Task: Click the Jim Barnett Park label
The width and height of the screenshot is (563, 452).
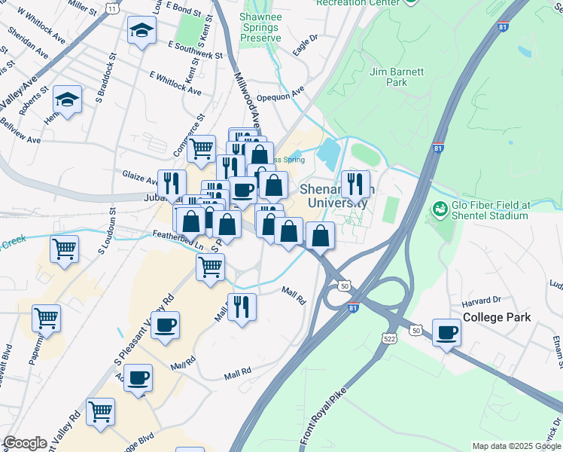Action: (x=397, y=77)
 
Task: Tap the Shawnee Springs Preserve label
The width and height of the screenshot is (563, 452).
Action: (x=260, y=27)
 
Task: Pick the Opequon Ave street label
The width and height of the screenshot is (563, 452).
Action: (x=279, y=91)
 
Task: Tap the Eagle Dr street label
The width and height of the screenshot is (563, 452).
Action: (x=305, y=45)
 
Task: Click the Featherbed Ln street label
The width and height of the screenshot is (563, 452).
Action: (x=178, y=240)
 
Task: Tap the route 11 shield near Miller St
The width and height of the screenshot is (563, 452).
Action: (x=112, y=8)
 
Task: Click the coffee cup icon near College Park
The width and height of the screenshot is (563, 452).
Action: (x=447, y=331)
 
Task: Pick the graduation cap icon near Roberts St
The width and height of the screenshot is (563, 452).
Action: (x=67, y=99)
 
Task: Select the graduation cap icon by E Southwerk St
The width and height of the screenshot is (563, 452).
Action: (x=141, y=31)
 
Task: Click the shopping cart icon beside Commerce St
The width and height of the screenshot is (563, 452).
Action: (x=201, y=148)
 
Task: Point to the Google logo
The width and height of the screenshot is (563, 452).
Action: (x=25, y=443)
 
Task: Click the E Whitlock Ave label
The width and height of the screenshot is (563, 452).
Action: (x=175, y=83)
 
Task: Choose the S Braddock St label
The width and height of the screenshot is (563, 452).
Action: (x=106, y=78)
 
